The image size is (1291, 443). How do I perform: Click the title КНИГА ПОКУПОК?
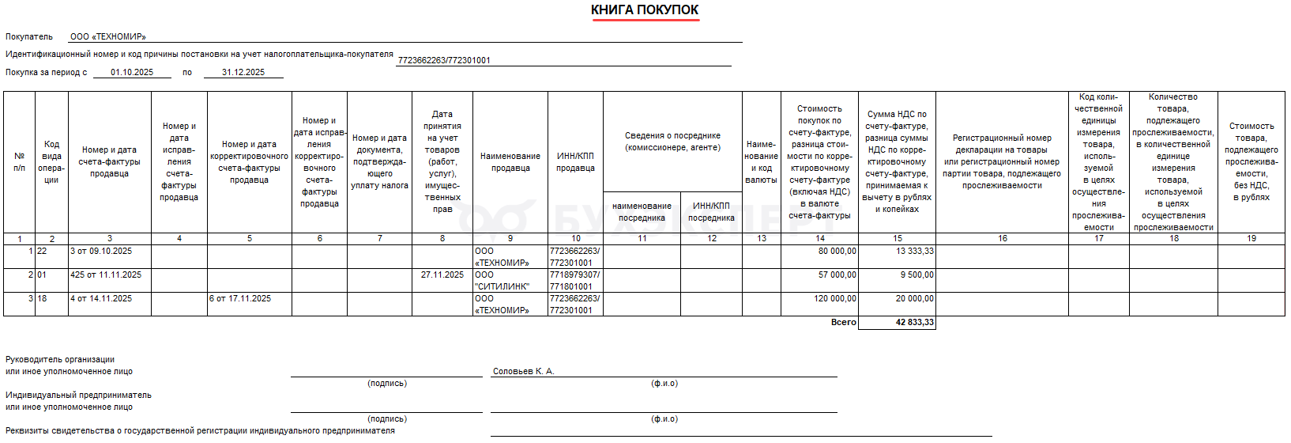point(645,10)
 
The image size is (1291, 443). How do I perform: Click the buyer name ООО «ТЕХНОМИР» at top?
point(107,36)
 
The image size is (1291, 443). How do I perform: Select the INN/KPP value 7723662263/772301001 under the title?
point(444,60)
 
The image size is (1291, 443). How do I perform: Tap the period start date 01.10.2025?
point(132,72)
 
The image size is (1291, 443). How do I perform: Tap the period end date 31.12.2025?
point(243,72)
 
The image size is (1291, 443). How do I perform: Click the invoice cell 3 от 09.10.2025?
point(101,252)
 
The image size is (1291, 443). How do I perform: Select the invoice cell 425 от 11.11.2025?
point(106,275)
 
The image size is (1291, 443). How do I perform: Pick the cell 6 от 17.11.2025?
point(240,299)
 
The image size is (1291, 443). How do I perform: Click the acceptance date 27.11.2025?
point(442,275)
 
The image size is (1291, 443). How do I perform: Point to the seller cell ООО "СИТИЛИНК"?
point(502,281)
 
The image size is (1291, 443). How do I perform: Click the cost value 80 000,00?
point(837,252)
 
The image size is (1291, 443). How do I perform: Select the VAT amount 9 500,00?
point(916,275)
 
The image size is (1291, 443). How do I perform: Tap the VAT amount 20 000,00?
point(914,299)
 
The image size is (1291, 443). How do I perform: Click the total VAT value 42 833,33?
point(914,323)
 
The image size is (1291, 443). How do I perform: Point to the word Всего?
point(843,323)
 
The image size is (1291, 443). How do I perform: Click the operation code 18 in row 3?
point(42,299)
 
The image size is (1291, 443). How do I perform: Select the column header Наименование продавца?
point(510,162)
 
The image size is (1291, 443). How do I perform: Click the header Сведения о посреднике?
point(672,142)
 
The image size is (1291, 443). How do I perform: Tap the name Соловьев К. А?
point(523,371)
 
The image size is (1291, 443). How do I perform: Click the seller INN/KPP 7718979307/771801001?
point(574,281)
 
